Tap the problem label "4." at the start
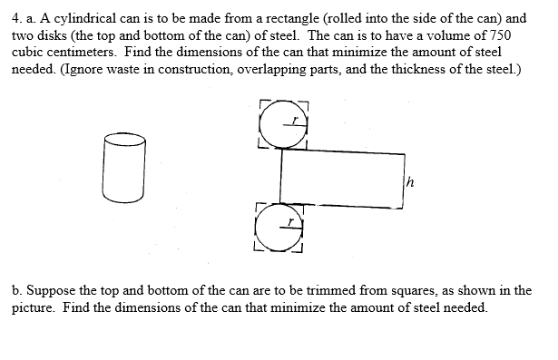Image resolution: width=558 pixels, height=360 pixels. coord(18,18)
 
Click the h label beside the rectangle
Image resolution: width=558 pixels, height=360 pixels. coord(410,179)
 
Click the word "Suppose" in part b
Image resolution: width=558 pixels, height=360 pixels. coord(51,292)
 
